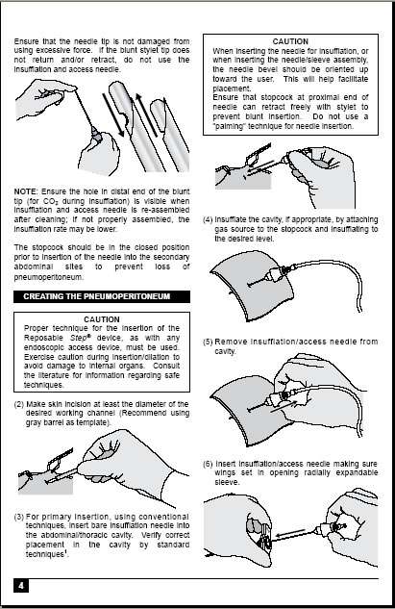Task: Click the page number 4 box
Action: [21, 584]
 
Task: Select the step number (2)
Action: [21, 404]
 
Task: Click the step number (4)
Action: [210, 218]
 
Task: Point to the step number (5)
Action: [210, 342]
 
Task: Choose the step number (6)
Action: [210, 464]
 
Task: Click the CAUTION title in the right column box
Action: [289, 41]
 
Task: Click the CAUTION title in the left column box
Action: [101, 318]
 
